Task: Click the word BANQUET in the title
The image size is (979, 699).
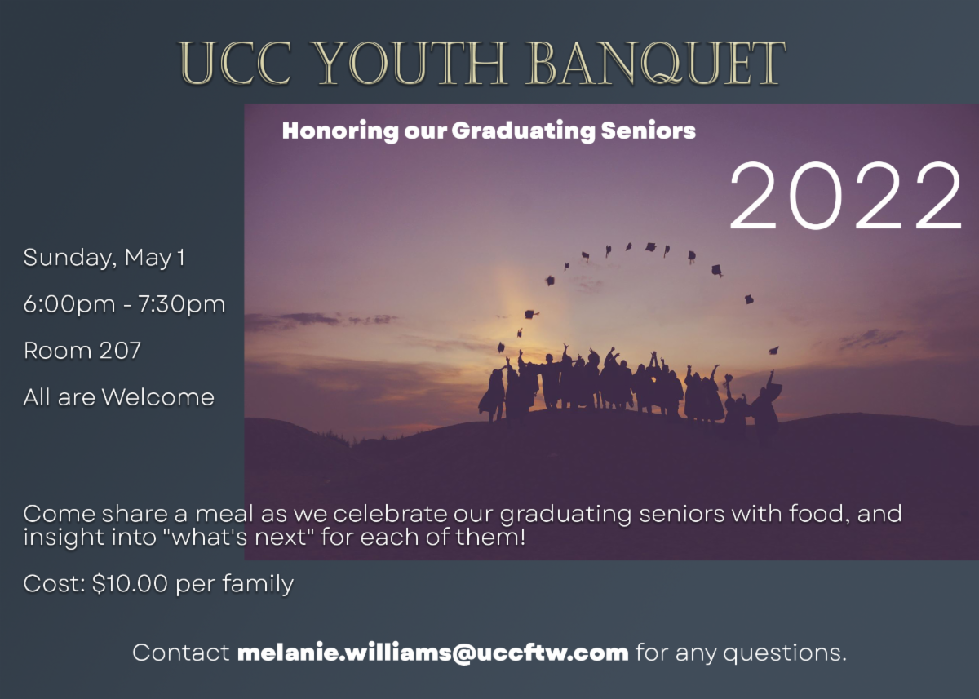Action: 657,63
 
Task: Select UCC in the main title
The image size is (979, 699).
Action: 235,63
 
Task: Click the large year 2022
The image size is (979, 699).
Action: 845,195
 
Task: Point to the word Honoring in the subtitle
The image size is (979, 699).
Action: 340,131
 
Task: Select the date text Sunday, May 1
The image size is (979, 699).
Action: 104,257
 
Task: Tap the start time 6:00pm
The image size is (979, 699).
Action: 69,304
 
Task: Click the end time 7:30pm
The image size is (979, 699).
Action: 181,304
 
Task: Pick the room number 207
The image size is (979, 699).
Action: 120,351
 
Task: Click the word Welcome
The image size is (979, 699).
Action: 157,397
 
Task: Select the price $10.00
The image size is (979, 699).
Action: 130,583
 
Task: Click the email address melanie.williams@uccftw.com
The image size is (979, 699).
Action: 432,653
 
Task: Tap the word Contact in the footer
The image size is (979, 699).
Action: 181,653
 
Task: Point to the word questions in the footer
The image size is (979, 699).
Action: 785,653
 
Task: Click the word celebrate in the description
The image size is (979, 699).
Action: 390,513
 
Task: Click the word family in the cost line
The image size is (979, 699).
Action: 258,584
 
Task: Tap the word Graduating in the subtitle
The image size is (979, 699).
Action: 523,131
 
